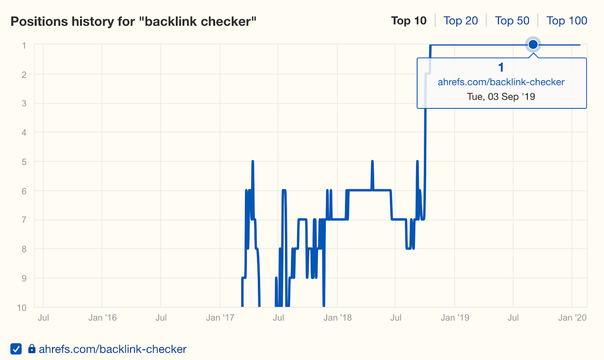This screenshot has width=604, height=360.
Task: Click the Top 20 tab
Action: tap(461, 21)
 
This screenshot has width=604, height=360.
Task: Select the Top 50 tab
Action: tap(512, 21)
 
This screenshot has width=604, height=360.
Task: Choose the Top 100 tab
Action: tap(567, 21)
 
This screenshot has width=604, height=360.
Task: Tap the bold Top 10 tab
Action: tap(409, 21)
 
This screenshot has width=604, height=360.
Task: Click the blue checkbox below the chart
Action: tap(16, 349)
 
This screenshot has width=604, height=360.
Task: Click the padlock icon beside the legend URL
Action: tap(32, 349)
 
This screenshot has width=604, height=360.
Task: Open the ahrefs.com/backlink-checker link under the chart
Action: tap(112, 349)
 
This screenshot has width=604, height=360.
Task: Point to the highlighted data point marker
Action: tap(533, 45)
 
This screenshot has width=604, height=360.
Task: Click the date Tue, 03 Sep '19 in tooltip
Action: tap(501, 97)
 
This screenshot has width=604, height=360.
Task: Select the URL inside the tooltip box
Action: tap(501, 82)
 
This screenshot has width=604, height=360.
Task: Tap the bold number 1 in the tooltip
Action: tap(501, 68)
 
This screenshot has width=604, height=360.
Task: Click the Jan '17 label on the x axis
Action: tap(220, 318)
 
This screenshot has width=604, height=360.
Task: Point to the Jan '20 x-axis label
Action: tap(572, 318)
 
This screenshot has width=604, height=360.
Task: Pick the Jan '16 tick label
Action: tap(102, 318)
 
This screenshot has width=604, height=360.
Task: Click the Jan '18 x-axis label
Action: tap(337, 318)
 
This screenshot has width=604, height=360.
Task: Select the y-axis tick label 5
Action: tap(24, 162)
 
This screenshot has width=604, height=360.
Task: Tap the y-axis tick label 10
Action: tap(22, 308)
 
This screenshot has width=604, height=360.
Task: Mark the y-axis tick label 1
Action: tap(24, 46)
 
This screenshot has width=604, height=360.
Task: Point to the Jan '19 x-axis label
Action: tap(455, 318)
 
